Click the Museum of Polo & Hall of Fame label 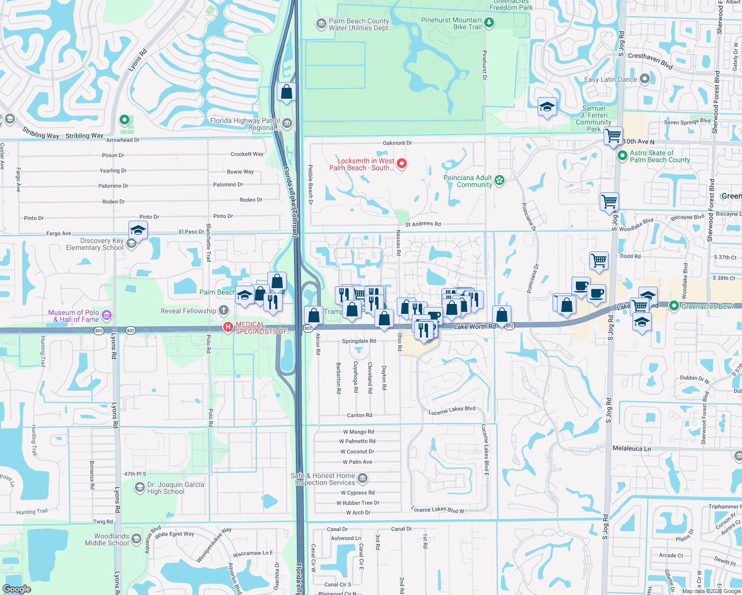pos(73,316)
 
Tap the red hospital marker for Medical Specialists pos(228,327)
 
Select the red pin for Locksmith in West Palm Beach pos(402,163)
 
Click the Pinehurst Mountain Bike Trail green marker pos(489,22)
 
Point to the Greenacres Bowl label pos(707,306)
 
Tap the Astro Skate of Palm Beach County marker pos(622,156)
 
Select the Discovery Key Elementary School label pos(95,244)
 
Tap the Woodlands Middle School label pos(112,539)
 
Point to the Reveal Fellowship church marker pos(224,311)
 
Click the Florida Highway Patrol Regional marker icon pos(287,123)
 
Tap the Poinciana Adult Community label pos(468,181)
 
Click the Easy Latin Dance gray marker pos(644,78)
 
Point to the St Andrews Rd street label pos(423,224)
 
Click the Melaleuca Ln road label pos(631,448)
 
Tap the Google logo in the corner pos(17,589)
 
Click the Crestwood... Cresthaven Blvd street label pos(650,60)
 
